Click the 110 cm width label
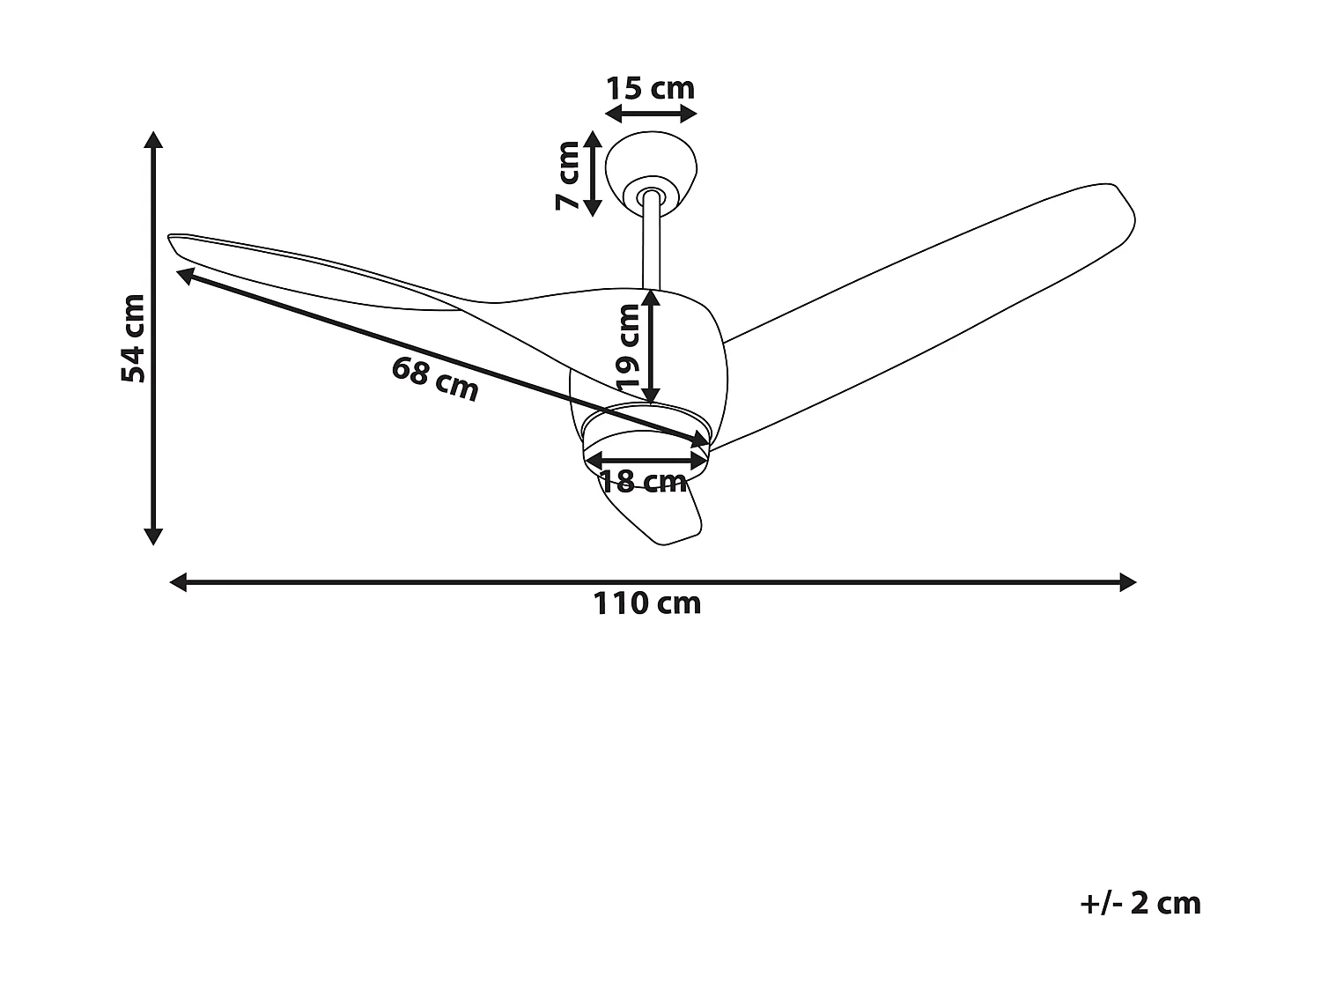tap(647, 604)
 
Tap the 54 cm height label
tap(133, 338)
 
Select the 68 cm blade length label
tap(435, 379)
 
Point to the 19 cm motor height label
tap(629, 348)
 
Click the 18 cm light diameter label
tap(643, 482)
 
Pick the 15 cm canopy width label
tap(651, 88)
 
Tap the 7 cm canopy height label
tap(568, 175)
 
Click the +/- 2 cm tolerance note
tap(1140, 904)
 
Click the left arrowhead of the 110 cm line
tap(178, 582)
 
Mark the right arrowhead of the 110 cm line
tap(1127, 582)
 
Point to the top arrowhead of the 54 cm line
tap(154, 141)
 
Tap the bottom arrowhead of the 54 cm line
tap(154, 535)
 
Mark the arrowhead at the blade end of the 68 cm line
tap(186, 275)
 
